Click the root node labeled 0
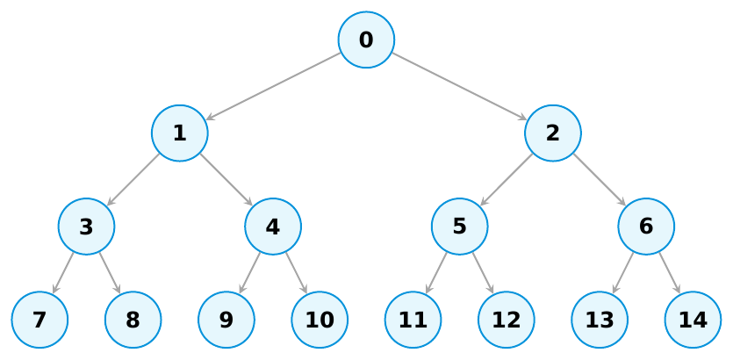[367, 40]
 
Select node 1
[179, 133]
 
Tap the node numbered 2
[553, 133]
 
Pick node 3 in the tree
[87, 227]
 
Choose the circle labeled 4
[273, 227]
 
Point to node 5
[459, 227]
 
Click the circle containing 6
[646, 227]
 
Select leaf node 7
[40, 320]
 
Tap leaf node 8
[133, 320]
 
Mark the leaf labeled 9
[226, 320]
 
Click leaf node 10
[320, 320]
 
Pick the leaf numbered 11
[413, 320]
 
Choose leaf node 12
[507, 320]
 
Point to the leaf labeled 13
[600, 320]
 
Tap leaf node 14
[693, 320]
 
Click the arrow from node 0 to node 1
[273, 87]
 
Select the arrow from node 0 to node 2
[459, 87]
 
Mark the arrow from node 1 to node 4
[226, 180]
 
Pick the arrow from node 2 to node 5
[507, 180]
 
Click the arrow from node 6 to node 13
[622, 273]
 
